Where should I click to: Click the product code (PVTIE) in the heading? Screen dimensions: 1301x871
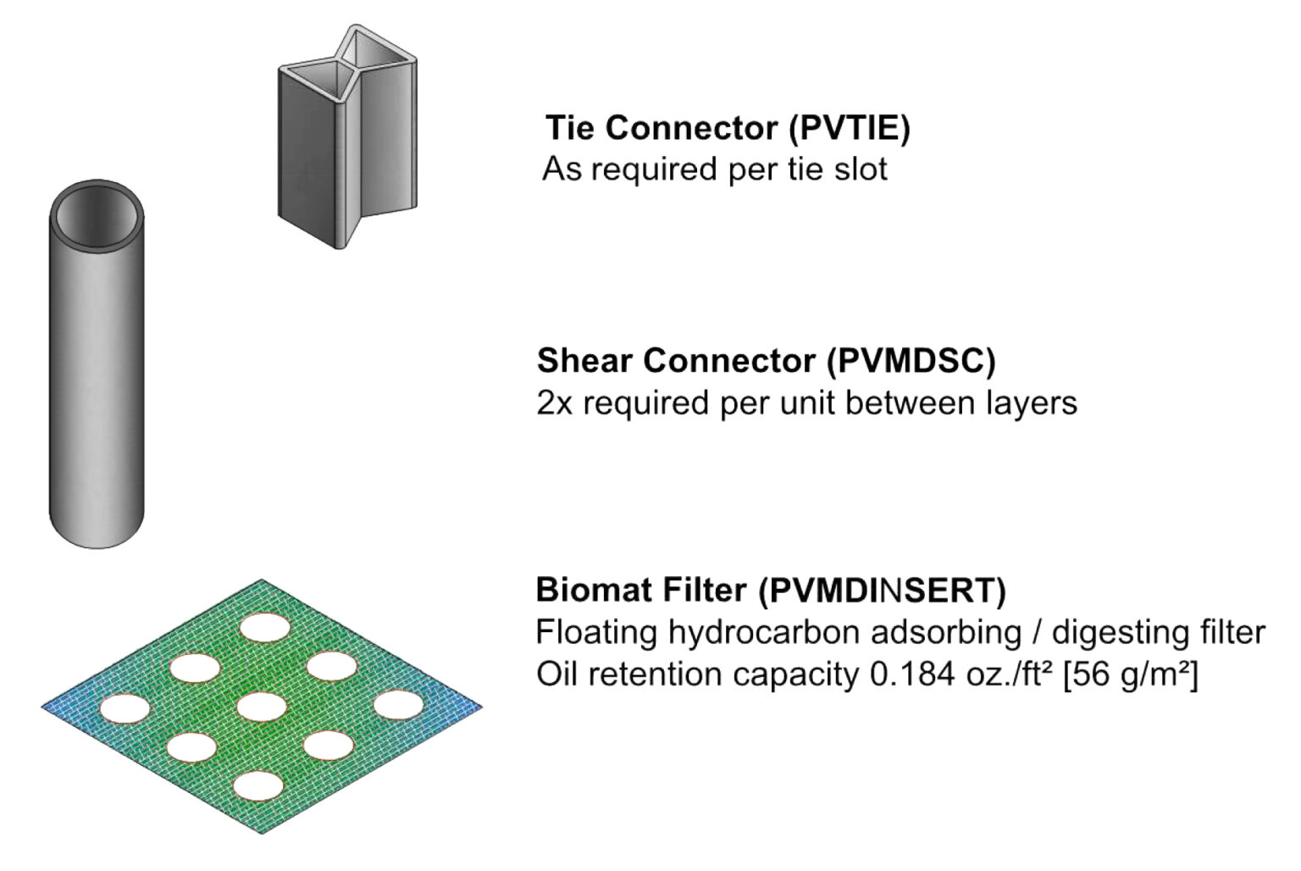coord(850,128)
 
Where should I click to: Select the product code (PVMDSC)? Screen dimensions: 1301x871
coord(911,361)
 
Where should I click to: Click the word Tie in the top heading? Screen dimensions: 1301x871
coord(571,128)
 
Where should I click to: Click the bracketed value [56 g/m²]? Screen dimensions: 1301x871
coord(1130,675)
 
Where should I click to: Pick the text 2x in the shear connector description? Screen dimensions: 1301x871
coord(555,403)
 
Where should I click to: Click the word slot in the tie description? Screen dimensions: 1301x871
coord(864,169)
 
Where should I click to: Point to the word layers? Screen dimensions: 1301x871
coord(1032,403)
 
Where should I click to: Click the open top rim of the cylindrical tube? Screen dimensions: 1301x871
coord(97,185)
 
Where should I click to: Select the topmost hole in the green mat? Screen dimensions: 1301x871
coord(265,629)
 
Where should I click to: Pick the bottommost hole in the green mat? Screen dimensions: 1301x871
coord(258,787)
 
